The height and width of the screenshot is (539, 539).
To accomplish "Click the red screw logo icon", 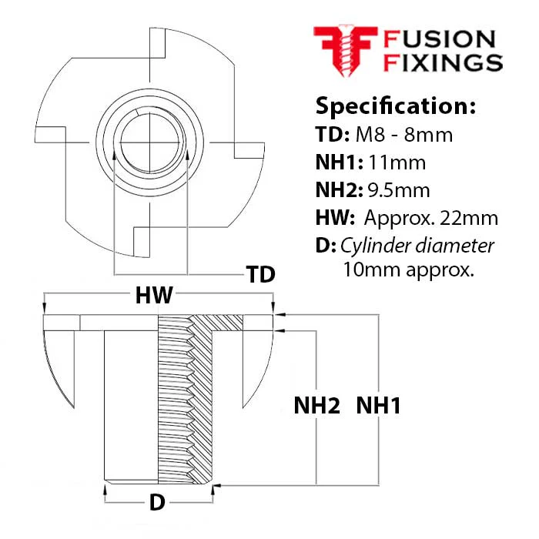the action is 345,50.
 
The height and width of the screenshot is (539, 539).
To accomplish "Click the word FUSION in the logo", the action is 440,39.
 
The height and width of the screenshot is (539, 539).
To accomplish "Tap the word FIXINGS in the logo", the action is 443,62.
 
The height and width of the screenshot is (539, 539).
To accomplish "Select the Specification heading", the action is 396,106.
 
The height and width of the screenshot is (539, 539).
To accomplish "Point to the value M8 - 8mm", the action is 404,135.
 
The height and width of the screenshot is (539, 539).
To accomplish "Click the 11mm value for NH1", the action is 397,162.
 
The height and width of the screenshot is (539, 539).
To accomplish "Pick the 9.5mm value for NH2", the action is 399,190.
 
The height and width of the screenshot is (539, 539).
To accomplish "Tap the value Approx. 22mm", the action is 431,218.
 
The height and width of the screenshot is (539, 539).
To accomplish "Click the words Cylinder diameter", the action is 417,246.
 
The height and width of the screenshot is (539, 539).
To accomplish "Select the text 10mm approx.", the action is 409,269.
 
